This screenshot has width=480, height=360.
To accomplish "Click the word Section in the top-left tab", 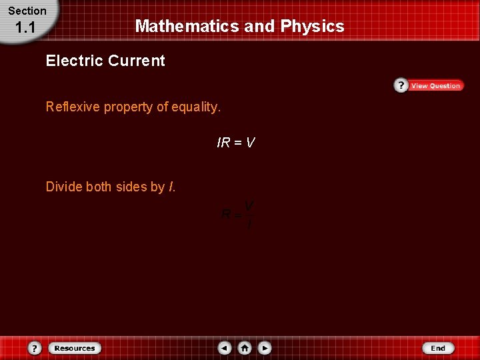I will click(27, 11).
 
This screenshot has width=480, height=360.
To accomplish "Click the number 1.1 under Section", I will click(25, 28).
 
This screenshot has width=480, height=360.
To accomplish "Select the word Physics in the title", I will click(312, 27).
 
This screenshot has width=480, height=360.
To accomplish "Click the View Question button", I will click(435, 86).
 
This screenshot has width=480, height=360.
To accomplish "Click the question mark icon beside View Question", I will click(401, 85).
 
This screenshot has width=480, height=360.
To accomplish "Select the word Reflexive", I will click(73, 107).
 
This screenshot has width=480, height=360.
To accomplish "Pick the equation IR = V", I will click(236, 142).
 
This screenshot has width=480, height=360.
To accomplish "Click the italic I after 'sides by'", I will click(172, 187).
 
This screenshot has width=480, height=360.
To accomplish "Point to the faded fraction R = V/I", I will click(237, 215).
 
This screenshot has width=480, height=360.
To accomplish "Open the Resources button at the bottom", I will click(75, 348).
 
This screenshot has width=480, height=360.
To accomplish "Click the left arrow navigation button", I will click(225, 348).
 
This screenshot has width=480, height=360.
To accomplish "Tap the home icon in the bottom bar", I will click(245, 348).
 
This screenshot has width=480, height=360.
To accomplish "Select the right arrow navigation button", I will click(265, 348).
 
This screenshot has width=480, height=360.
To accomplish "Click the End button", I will click(437, 348).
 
